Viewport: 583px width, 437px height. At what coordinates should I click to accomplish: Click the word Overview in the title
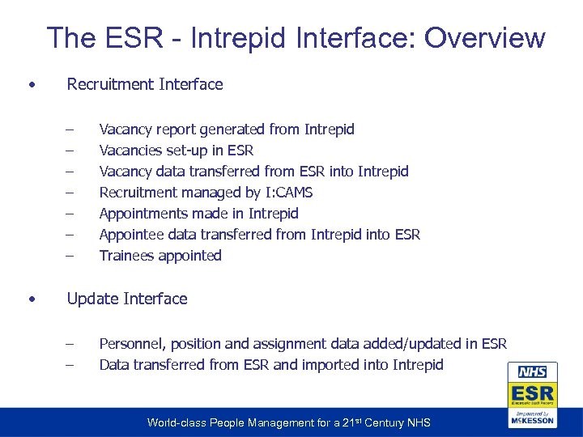[485, 38]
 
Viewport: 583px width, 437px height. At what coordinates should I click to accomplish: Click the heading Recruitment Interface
[145, 84]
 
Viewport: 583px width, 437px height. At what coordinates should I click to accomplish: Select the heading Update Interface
[127, 299]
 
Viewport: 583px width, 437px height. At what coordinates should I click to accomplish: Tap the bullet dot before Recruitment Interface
[30, 84]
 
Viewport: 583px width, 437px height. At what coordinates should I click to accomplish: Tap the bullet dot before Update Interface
[30, 299]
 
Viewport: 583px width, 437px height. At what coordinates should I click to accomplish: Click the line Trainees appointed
[160, 256]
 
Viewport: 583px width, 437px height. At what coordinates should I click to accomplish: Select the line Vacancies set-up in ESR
[177, 151]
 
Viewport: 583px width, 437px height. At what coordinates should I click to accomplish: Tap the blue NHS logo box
[532, 372]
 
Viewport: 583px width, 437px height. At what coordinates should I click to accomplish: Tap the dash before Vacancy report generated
[70, 129]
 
